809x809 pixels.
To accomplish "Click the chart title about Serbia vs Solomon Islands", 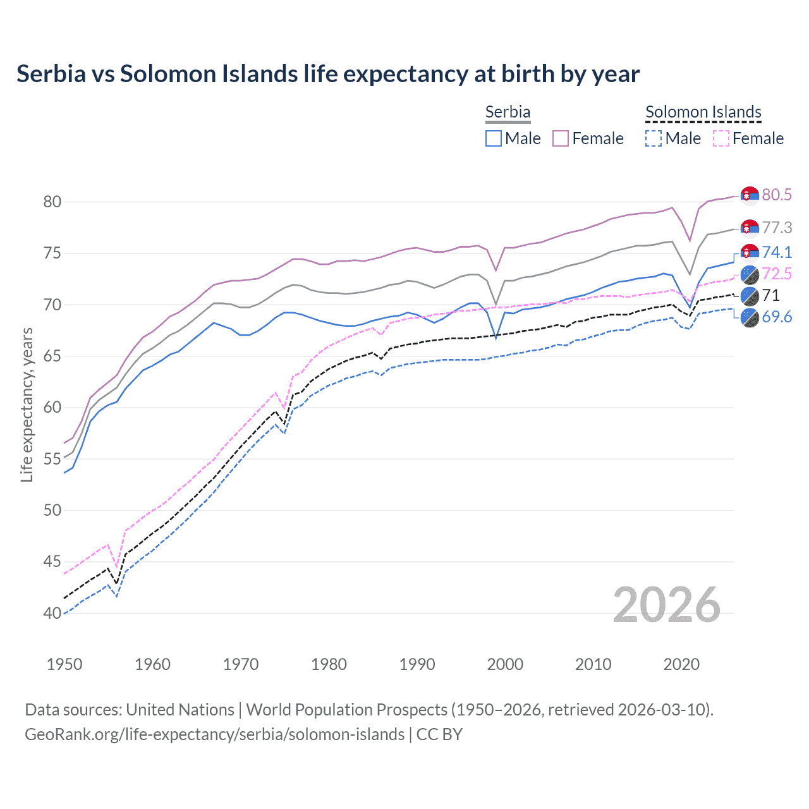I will pyautogui.click(x=328, y=74).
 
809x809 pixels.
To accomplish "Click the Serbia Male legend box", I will pyautogui.click(x=494, y=138).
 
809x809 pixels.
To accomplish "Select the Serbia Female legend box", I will pyautogui.click(x=561, y=138).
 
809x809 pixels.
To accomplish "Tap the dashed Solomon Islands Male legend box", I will pyautogui.click(x=654, y=138).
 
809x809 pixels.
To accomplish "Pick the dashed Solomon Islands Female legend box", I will pyautogui.click(x=721, y=138).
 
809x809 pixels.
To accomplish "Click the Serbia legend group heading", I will pyautogui.click(x=508, y=112).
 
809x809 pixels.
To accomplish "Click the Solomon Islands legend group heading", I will pyautogui.click(x=703, y=112).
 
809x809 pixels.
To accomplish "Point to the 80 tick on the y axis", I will pyautogui.click(x=52, y=202).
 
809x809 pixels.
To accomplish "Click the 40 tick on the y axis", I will pyautogui.click(x=52, y=613).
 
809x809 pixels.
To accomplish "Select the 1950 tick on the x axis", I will pyautogui.click(x=64, y=664).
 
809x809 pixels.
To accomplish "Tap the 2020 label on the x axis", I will pyautogui.click(x=681, y=664).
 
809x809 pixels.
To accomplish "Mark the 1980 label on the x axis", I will pyautogui.click(x=329, y=664).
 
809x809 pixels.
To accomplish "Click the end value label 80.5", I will pyautogui.click(x=777, y=195).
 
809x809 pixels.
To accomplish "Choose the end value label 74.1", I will pyautogui.click(x=777, y=252).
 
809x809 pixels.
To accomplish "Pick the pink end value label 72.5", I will pyautogui.click(x=777, y=274).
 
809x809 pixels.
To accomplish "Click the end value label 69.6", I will pyautogui.click(x=777, y=317).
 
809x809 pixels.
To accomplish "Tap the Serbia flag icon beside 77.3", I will pyautogui.click(x=750, y=228).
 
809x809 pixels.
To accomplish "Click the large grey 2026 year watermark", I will pyautogui.click(x=667, y=605).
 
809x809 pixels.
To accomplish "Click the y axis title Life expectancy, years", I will pyautogui.click(x=27, y=404).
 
